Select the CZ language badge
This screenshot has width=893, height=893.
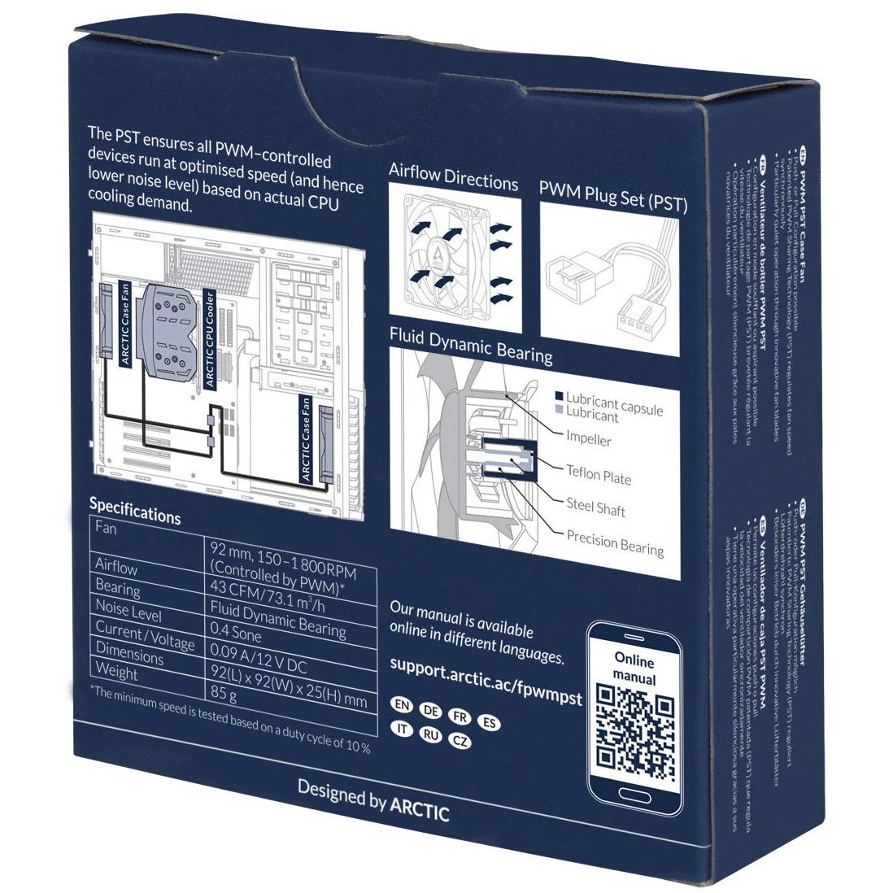pyautogui.click(x=460, y=741)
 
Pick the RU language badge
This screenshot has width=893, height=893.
pyautogui.click(x=430, y=734)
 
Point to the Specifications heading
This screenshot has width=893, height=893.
pyautogui.click(x=135, y=511)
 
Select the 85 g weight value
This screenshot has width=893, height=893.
pyautogui.click(x=223, y=695)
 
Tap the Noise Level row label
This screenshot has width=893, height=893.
pyautogui.click(x=129, y=611)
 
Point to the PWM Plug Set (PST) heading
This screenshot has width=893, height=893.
pyautogui.click(x=613, y=196)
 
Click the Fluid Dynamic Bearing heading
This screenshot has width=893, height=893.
pyautogui.click(x=471, y=345)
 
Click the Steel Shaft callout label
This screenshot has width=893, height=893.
pyautogui.click(x=596, y=507)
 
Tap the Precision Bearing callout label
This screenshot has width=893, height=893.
pyautogui.click(x=615, y=542)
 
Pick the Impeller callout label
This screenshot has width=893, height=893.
pyautogui.click(x=589, y=439)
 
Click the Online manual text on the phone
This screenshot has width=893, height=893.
pyautogui.click(x=634, y=667)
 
